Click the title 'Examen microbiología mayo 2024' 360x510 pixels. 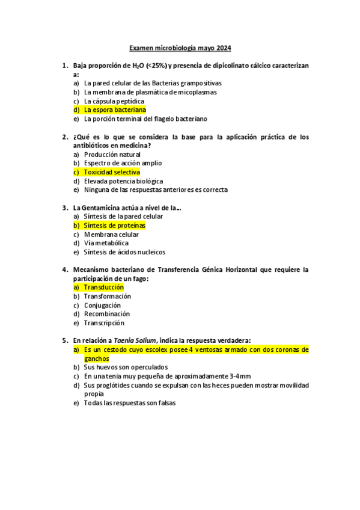(x=181, y=48)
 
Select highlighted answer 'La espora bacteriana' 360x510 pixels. (x=115, y=110)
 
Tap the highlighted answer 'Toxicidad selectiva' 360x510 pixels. (x=112, y=172)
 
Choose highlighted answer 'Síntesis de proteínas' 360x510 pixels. (x=114, y=226)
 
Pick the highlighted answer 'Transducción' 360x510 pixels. (x=108, y=287)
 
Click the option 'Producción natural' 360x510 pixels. (x=112, y=155)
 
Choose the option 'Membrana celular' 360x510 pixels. (x=111, y=235)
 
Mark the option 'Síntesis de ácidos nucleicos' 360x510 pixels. (x=124, y=252)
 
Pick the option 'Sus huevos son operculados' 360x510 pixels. (x=126, y=367)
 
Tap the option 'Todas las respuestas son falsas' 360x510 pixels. (x=129, y=403)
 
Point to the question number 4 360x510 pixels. (x=64, y=270)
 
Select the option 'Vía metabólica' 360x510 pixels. (x=106, y=244)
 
